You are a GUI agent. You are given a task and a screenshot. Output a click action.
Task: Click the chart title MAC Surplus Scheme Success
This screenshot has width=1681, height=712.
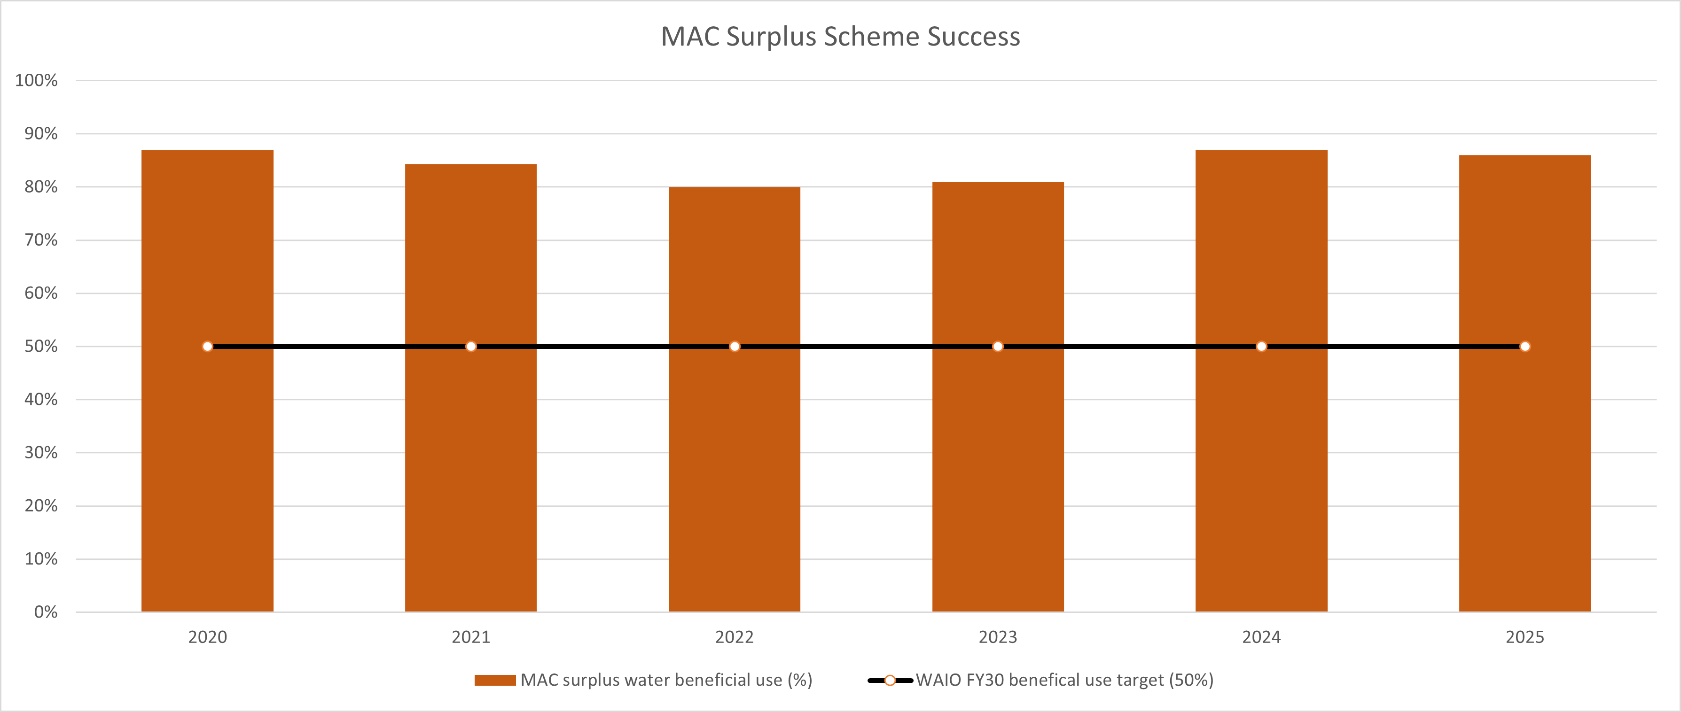(x=840, y=37)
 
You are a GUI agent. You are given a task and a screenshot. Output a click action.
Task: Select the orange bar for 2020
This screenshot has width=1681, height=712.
(x=208, y=457)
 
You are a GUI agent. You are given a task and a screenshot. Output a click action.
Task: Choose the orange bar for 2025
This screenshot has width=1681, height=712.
(x=1525, y=457)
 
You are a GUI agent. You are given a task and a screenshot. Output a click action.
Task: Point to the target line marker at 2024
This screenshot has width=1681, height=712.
(x=1261, y=346)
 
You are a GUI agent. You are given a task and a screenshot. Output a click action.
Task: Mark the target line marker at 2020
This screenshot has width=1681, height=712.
(x=208, y=346)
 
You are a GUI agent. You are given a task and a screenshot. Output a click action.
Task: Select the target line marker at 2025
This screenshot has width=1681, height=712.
(x=1525, y=346)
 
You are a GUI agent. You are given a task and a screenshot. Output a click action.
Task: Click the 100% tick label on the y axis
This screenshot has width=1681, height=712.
(x=37, y=80)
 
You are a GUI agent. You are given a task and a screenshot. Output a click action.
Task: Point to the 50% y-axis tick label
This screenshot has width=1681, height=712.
(x=41, y=346)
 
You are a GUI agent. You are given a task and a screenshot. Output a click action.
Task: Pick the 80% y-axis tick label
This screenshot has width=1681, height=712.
(x=41, y=187)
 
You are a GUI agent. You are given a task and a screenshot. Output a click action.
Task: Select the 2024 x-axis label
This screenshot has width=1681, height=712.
(x=1261, y=637)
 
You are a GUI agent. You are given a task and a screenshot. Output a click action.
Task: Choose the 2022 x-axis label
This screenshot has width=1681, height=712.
(x=734, y=637)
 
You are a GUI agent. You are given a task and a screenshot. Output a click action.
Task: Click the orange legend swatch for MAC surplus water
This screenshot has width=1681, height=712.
(x=495, y=681)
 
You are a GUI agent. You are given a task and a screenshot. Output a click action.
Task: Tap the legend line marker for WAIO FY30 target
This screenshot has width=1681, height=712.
(x=890, y=681)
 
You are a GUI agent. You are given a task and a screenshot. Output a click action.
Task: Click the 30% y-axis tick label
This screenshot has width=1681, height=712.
(x=41, y=452)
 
